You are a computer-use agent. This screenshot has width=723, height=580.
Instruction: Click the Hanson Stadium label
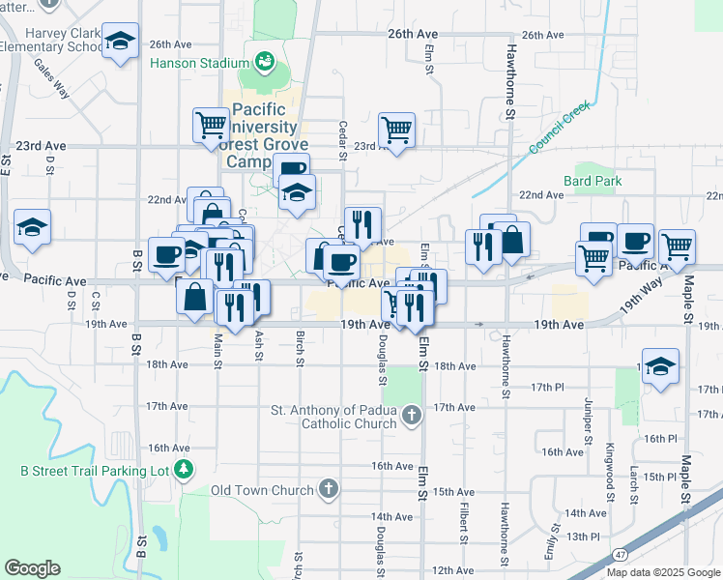200,64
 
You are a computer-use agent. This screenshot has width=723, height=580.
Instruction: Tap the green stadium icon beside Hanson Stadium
263,63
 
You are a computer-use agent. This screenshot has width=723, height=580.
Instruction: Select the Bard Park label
593,181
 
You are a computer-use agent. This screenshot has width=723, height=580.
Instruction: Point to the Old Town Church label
264,490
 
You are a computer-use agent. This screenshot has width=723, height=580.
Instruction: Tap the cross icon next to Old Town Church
329,489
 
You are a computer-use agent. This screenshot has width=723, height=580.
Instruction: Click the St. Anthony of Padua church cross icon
412,416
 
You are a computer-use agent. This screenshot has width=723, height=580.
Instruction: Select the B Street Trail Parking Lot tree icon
184,471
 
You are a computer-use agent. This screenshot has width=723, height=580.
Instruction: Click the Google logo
32,568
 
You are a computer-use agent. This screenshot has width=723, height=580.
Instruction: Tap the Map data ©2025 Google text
662,572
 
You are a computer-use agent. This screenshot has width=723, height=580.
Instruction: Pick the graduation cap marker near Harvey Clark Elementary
120,43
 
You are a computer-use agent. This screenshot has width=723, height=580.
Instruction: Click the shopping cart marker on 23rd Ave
396,129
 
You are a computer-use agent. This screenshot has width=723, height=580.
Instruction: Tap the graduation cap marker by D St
32,228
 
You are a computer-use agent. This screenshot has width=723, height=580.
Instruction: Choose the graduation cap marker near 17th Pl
660,366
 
